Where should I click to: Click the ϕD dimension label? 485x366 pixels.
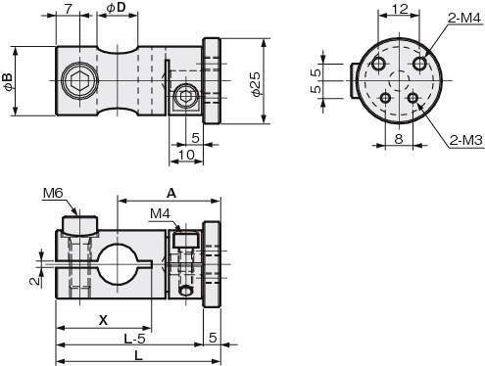(117, 8)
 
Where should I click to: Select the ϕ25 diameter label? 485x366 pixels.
(257, 83)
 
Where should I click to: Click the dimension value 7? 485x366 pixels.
(68, 9)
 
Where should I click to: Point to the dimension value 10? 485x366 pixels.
(186, 155)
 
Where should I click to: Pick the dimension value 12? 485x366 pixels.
(400, 9)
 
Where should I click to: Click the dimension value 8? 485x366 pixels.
(399, 139)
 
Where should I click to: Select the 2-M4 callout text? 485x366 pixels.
(464, 19)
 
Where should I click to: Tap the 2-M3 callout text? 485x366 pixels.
(465, 140)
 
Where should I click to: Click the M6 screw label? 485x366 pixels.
(53, 194)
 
